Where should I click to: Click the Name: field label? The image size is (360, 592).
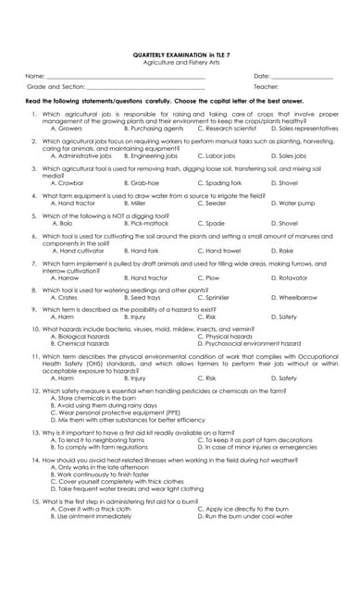click(x=35, y=75)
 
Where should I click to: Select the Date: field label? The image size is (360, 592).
click(x=262, y=75)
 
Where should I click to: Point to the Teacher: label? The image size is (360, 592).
click(x=267, y=86)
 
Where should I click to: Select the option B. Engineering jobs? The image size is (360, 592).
click(x=153, y=156)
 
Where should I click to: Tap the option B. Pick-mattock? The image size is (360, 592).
click(x=148, y=223)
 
